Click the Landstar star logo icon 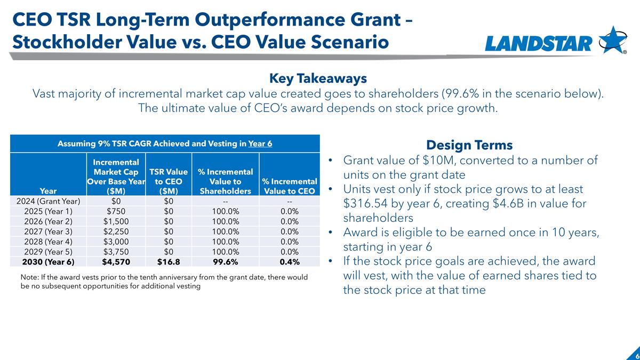613,40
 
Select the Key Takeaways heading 318,78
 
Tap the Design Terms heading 469,145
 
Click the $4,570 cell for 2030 116,262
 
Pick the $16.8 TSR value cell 169,262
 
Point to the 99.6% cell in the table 226,262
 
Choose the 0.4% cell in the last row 290,262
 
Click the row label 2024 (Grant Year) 49,201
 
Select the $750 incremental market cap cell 116,211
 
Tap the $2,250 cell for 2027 116,231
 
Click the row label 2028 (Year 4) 49,242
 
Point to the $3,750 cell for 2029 116,252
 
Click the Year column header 49,191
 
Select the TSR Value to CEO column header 169,181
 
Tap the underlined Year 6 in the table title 260,143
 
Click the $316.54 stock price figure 365,203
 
